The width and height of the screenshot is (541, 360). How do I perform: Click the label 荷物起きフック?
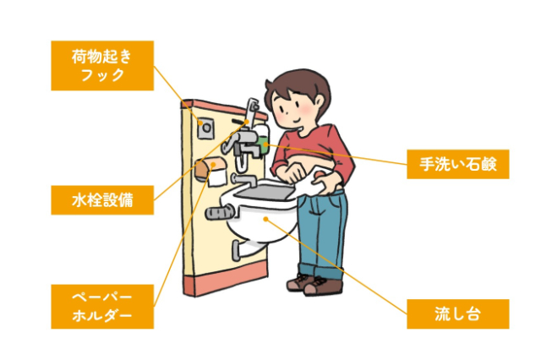101,66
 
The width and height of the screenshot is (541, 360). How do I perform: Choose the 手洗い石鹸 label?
457,165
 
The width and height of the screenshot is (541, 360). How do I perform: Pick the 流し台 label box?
457,314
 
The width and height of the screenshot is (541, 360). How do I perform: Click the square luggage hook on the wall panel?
205,125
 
